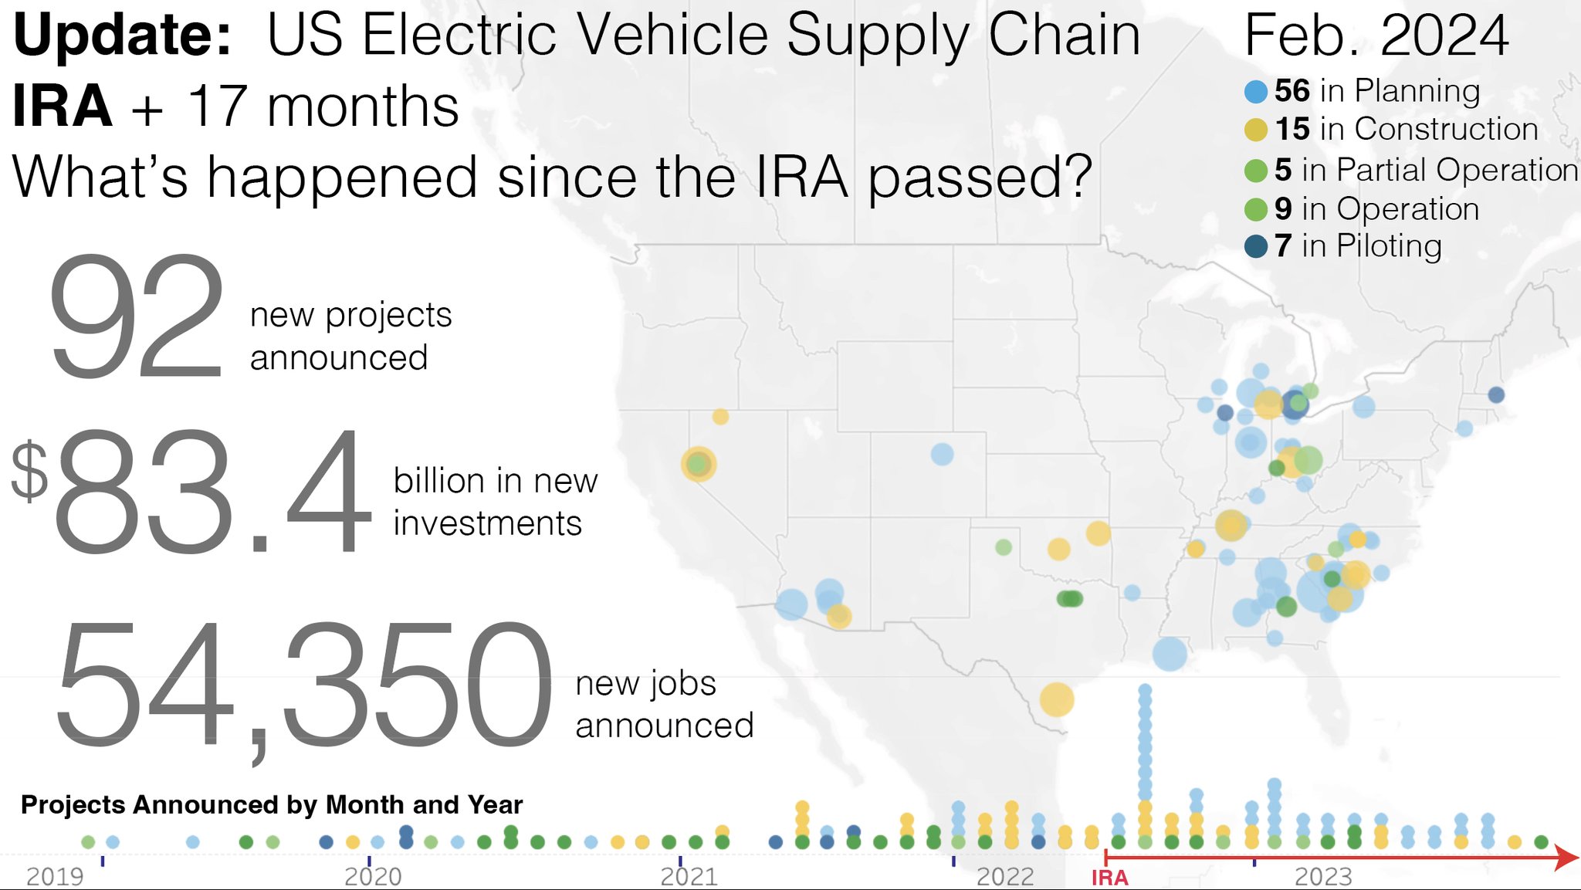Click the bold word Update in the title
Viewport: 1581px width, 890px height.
tap(122, 36)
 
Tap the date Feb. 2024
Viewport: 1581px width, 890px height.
tap(1376, 36)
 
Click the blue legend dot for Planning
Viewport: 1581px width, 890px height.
tap(1256, 92)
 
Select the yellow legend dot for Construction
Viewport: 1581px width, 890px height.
tap(1256, 130)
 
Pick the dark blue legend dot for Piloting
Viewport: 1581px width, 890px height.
tap(1256, 246)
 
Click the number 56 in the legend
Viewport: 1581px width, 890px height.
tap(1292, 91)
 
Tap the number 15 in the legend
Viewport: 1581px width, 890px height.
tap(1292, 129)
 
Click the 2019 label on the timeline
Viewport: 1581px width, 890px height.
tap(55, 877)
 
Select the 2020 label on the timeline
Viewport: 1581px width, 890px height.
tap(373, 877)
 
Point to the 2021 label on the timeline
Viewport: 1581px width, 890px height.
tap(689, 877)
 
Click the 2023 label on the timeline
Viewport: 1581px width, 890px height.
tap(1323, 877)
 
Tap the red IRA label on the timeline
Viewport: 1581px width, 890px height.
tap(1110, 878)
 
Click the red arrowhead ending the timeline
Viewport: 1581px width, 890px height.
tap(1567, 857)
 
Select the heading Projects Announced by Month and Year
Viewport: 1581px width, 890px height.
tap(272, 804)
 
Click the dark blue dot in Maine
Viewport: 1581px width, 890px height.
tap(1496, 394)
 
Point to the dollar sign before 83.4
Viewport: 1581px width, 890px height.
tap(29, 471)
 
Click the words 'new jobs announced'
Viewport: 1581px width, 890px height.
tap(664, 704)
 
